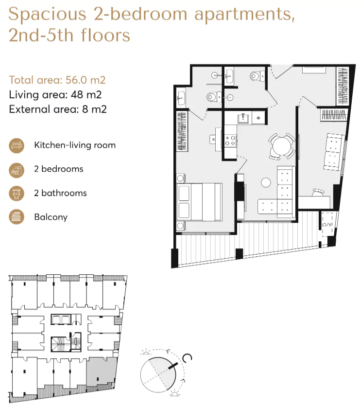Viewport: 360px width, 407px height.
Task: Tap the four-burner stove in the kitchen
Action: pos(230,141)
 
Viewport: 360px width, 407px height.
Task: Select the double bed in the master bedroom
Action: pos(199,202)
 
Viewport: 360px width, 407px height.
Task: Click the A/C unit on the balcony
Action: pos(327,224)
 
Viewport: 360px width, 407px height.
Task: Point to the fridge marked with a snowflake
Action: pos(258,118)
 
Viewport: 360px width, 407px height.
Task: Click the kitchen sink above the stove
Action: pos(243,118)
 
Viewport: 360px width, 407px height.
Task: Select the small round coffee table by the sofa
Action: pos(266,182)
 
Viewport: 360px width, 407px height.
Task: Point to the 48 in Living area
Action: pos(77,95)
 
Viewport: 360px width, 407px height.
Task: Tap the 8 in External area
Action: pos(85,109)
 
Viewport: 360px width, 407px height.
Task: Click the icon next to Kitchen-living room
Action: pos(17,145)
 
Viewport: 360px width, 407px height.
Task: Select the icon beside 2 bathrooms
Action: pos(17,194)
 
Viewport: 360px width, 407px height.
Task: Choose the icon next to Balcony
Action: pos(17,217)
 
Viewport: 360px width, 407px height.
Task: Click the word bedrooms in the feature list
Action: pos(62,169)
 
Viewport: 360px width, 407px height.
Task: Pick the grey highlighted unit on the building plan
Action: pos(101,372)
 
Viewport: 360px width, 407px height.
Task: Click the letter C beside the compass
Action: pos(187,358)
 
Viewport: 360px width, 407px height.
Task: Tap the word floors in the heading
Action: pos(105,35)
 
